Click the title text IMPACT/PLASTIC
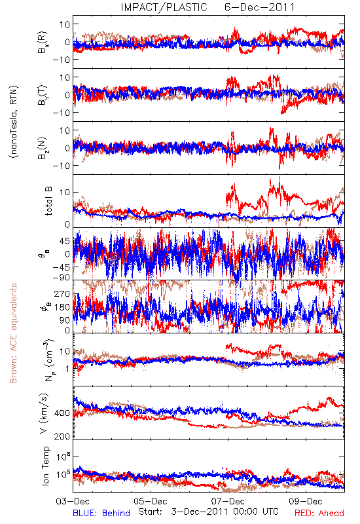click(x=164, y=7)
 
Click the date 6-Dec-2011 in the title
click(x=259, y=7)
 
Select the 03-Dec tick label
click(x=73, y=501)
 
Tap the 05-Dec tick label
click(x=151, y=501)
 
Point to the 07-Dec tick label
click(x=228, y=501)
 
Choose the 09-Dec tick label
click(x=306, y=501)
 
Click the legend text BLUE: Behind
click(x=101, y=513)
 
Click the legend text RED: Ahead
click(x=319, y=513)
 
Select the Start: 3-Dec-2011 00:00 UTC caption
click(x=208, y=512)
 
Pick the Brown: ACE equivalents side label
click(x=13, y=333)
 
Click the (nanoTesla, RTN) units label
click(x=14, y=122)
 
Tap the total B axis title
click(x=48, y=201)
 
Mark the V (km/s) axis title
click(x=44, y=414)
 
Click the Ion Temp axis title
click(x=45, y=466)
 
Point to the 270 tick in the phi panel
click(x=62, y=293)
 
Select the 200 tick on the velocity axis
click(x=62, y=436)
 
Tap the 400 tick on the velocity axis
click(x=62, y=413)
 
